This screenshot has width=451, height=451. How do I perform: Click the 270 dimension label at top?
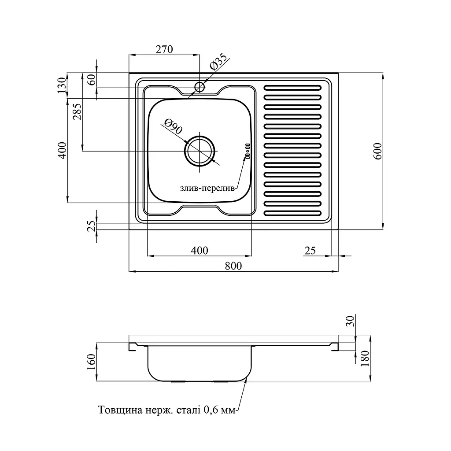click(x=164, y=49)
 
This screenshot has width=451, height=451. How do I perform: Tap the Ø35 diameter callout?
click(x=218, y=62)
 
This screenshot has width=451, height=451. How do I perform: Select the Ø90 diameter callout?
click(x=173, y=127)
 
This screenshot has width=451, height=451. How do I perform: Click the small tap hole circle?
click(x=200, y=87)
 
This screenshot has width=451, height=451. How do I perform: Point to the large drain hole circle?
click(x=200, y=151)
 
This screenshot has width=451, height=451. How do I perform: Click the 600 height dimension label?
click(x=377, y=152)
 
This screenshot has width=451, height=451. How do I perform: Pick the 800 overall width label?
click(x=233, y=266)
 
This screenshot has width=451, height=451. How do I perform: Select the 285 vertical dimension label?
click(x=77, y=111)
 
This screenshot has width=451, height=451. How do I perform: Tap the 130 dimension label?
click(x=62, y=85)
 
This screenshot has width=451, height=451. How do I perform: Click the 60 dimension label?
click(x=91, y=80)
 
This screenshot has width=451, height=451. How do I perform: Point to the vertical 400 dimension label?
click(x=62, y=151)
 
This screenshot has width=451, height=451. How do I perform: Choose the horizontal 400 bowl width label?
click(x=200, y=251)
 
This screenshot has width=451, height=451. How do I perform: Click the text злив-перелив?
click(x=207, y=189)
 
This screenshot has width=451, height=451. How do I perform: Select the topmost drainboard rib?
click(x=292, y=88)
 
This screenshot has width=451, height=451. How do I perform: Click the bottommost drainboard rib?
click(x=292, y=213)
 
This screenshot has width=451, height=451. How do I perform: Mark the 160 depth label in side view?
click(x=91, y=362)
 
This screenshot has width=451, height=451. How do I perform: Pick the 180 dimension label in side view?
click(x=365, y=359)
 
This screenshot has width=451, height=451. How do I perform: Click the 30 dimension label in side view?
click(x=350, y=321)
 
